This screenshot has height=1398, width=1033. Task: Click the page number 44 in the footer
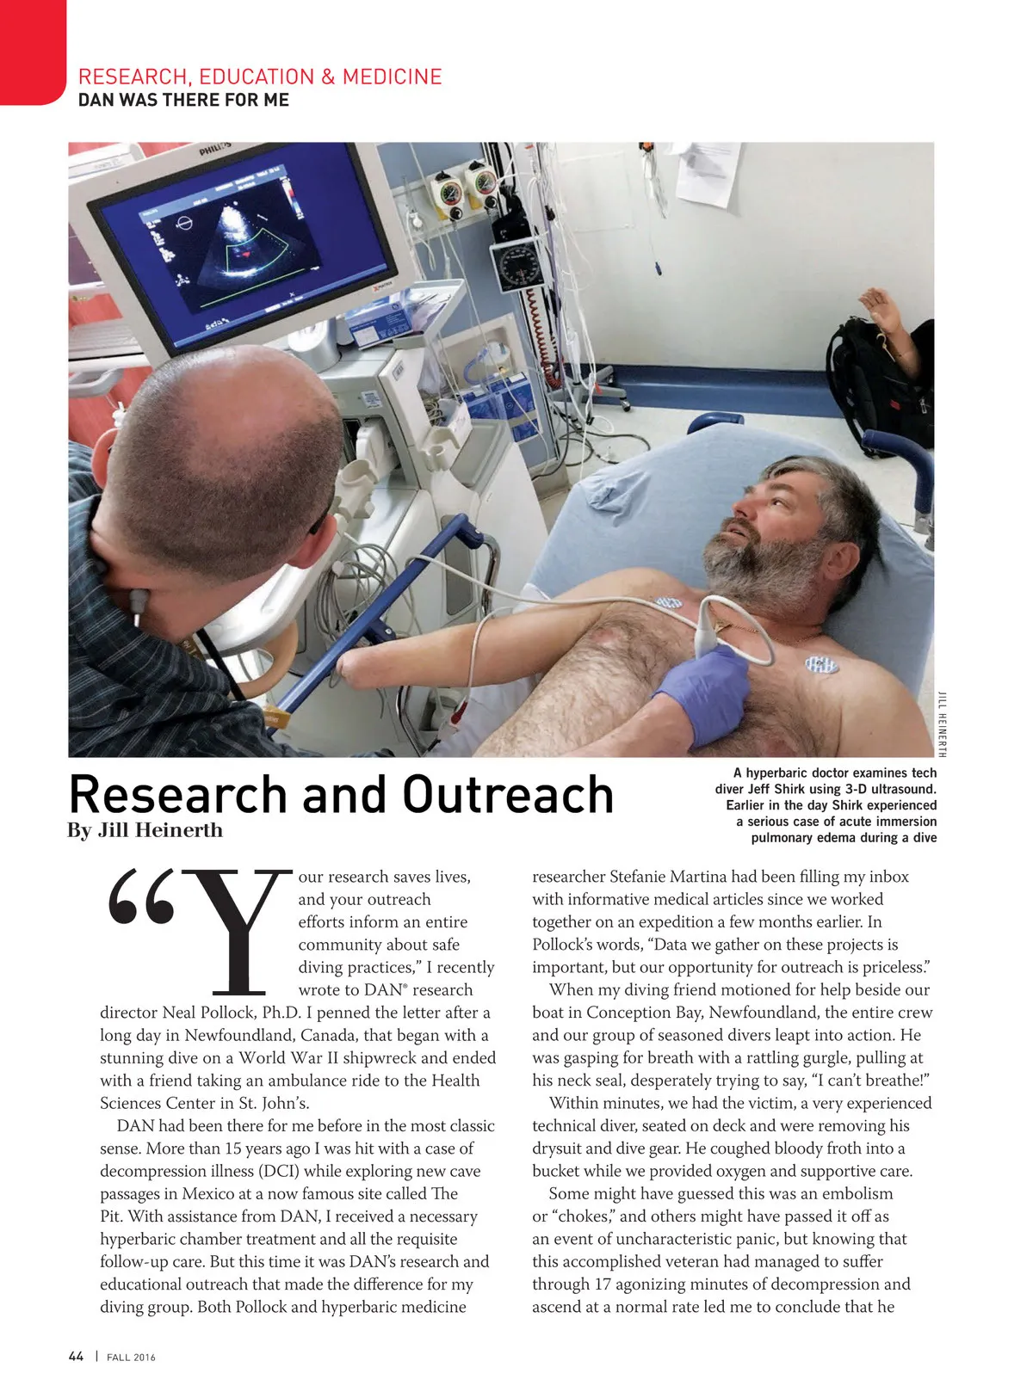tap(76, 1357)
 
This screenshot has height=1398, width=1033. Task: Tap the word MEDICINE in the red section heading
tap(392, 77)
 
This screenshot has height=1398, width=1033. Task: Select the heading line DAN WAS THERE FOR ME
tap(183, 100)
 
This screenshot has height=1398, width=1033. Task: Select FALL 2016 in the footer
tap(131, 1358)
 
